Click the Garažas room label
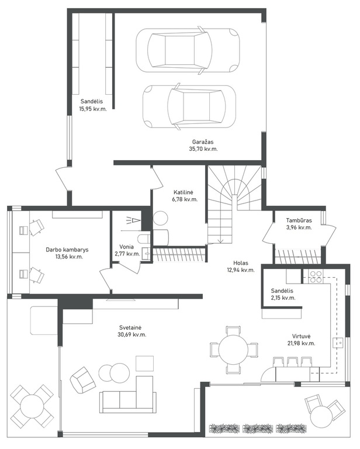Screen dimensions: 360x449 tap(203, 141)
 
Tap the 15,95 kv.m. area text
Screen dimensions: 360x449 tap(93, 109)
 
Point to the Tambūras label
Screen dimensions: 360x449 tap(299, 220)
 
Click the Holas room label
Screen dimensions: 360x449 tap(241, 263)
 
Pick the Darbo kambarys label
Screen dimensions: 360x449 tap(67, 250)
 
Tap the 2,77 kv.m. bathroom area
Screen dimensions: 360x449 tap(127, 254)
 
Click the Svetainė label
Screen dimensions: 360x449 tap(130, 327)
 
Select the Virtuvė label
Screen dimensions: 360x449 tap(302, 336)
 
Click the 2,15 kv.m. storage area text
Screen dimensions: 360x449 tap(283, 298)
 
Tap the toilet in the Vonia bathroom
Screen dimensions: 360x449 tap(144, 238)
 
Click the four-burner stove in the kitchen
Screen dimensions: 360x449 tap(316, 277)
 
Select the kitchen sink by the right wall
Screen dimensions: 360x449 tap(338, 343)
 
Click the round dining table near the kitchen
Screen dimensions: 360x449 tap(233, 350)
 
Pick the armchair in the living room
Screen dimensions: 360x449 tap(82, 380)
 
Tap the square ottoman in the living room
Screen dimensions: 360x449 tap(144, 363)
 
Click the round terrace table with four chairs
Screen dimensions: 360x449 tap(32, 406)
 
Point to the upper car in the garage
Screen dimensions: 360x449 tap(188, 50)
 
